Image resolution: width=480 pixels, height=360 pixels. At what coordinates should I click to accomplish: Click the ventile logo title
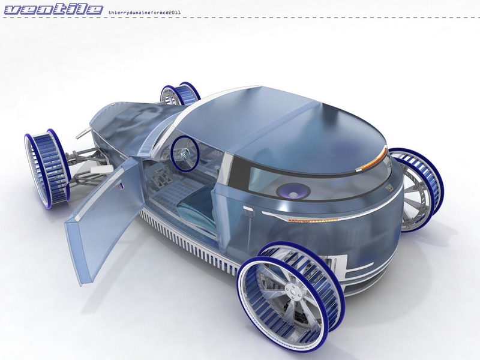pyautogui.click(x=53, y=10)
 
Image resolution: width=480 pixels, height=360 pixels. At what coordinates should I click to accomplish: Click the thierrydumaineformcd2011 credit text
pyautogui.click(x=145, y=13)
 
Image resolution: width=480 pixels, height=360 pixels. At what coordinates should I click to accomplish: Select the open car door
pyautogui.click(x=103, y=217)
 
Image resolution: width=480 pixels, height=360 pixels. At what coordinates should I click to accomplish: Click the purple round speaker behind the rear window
pyautogui.click(x=293, y=192)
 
